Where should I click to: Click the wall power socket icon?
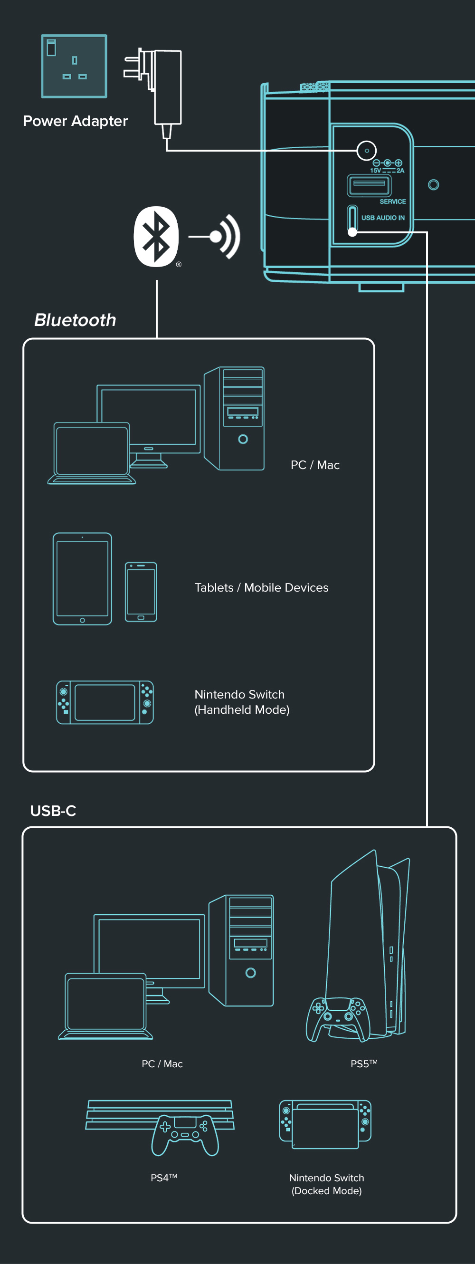tap(74, 66)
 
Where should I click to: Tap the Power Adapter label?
tap(75, 121)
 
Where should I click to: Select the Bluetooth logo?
tap(156, 237)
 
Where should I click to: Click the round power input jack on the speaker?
tap(366, 151)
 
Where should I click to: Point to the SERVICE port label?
tap(392, 201)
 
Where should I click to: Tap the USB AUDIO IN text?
tap(383, 218)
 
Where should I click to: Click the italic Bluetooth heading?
tap(75, 320)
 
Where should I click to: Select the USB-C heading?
tap(53, 811)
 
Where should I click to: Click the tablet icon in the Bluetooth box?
tap(83, 579)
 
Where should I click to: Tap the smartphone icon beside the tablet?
tap(141, 592)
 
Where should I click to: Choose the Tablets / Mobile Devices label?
tap(262, 587)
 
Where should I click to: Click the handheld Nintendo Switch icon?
tap(105, 702)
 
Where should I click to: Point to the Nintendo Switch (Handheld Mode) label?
tap(242, 702)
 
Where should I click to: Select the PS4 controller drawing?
tap(185, 1135)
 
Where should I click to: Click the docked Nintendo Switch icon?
tap(325, 1124)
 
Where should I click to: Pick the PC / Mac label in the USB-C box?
tap(162, 1063)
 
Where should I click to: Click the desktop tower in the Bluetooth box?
tap(234, 418)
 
